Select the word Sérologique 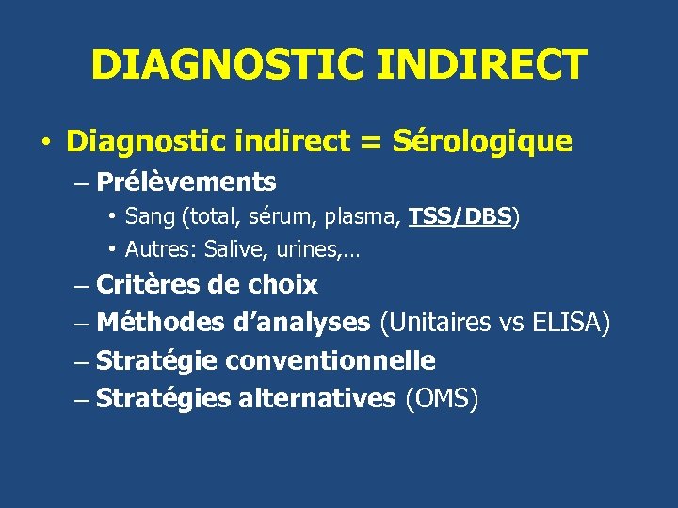[x=481, y=141]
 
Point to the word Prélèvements [x=186, y=182]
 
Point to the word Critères [x=149, y=284]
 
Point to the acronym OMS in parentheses [x=442, y=398]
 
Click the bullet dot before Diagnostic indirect [x=44, y=143]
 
